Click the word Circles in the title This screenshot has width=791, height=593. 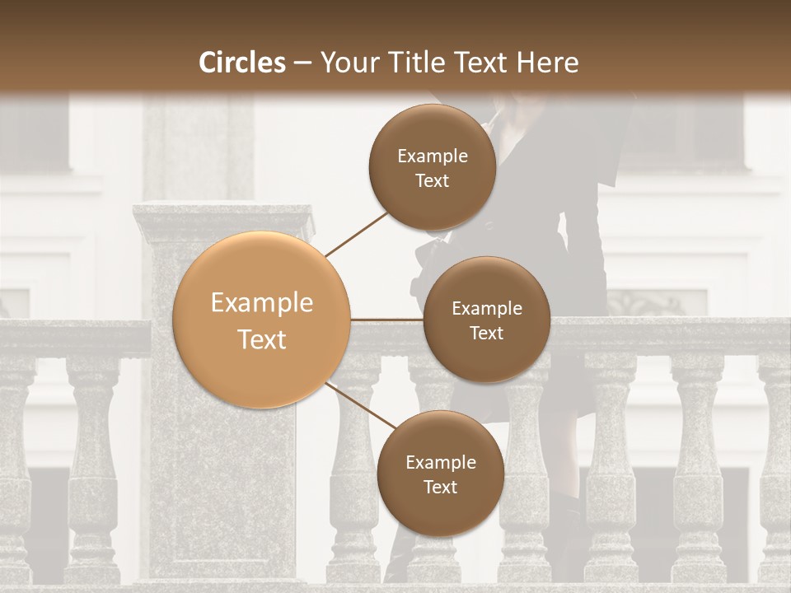click(x=242, y=63)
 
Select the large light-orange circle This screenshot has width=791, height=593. click(x=262, y=320)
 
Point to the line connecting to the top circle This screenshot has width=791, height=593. click(x=357, y=234)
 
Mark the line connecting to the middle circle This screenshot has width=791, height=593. click(x=387, y=320)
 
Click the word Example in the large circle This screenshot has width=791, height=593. click(x=262, y=303)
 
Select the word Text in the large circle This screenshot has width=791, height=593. click(x=262, y=339)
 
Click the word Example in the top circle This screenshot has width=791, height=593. click(x=432, y=156)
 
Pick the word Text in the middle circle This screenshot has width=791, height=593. click(x=486, y=334)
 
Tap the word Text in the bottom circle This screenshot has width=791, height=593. click(x=440, y=488)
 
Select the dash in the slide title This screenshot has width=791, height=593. click(x=302, y=63)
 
